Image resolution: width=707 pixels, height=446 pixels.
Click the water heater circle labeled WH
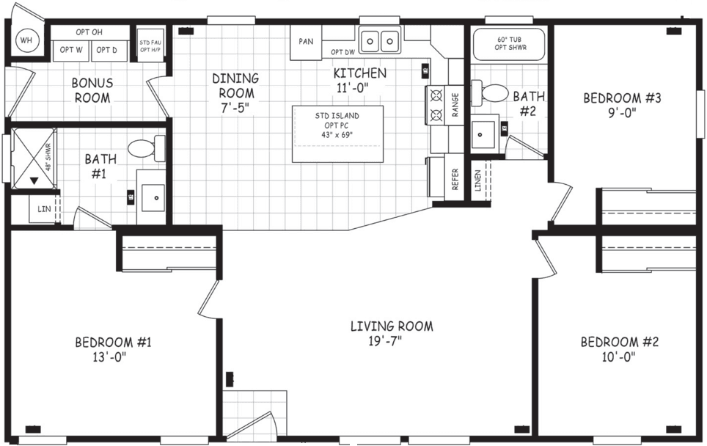pos(26,40)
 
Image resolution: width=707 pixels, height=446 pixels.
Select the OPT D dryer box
pos(107,50)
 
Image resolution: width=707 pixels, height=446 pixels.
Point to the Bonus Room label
pos(92,90)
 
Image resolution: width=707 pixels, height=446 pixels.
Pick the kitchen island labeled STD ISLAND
pos(338,134)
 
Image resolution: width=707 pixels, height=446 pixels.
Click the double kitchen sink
pos(380,41)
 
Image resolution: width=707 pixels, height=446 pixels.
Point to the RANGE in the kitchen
pos(438,105)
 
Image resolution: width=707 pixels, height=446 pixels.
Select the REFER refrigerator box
pos(455,178)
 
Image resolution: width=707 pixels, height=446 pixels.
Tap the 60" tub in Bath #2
pos(510,44)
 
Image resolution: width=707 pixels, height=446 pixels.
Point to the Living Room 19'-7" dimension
pos(391,341)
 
